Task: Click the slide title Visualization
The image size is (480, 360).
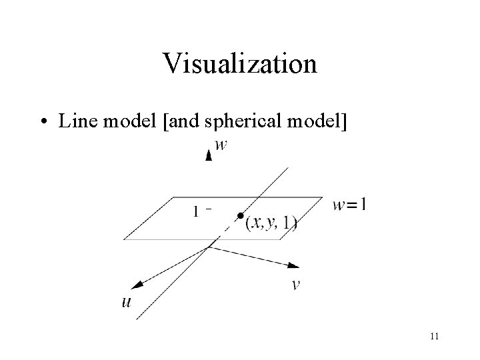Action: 239,64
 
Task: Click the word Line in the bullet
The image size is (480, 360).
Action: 75,121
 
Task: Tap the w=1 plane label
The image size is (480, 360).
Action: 349,205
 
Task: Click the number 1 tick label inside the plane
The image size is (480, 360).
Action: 197,212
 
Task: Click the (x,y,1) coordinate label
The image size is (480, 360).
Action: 271,224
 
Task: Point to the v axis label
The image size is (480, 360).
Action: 295,285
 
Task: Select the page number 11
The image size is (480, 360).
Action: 434,336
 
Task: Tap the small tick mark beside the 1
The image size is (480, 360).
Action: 209,209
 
